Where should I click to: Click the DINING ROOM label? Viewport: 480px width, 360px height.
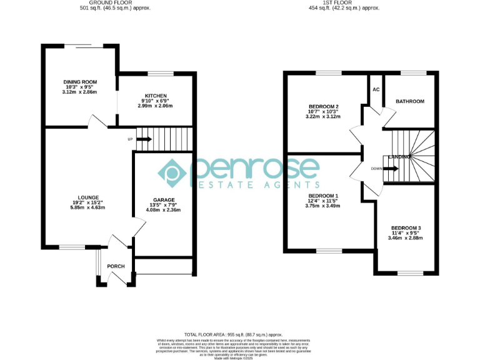coord(80,82)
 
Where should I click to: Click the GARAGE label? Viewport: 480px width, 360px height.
coord(163,200)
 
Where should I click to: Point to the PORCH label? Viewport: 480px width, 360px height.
coord(116,266)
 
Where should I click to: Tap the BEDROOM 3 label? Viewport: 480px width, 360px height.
coord(406,227)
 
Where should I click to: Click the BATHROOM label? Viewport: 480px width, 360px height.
coord(410,101)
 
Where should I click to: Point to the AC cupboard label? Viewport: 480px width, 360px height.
coord(376,89)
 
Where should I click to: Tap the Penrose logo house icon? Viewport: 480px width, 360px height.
coord(172,172)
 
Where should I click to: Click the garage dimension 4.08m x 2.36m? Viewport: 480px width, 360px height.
coord(163,210)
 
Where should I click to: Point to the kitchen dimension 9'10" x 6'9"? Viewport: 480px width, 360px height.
coord(154,101)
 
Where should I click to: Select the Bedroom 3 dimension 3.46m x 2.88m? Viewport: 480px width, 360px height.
coord(406,237)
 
